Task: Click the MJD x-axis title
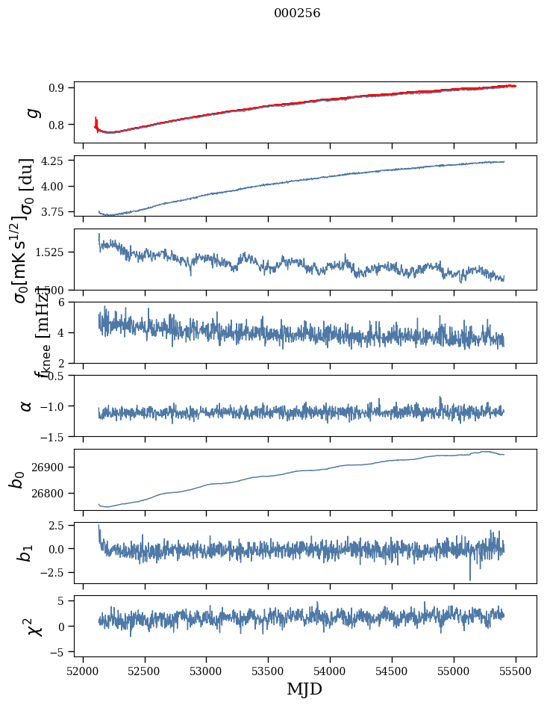coord(304,689)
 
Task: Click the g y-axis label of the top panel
coord(31,113)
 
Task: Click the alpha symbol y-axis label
coord(27,406)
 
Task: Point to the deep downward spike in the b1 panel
coord(470,577)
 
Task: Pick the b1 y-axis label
coord(27,553)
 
